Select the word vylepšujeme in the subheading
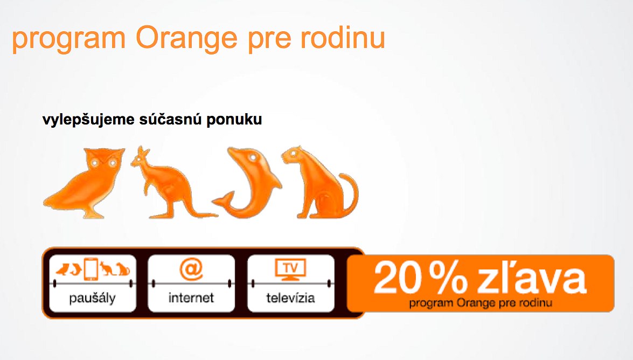pyautogui.click(x=88, y=120)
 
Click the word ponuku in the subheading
pyautogui.click(x=234, y=120)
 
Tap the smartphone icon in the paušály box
pyautogui.click(x=91, y=269)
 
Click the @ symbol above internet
pyautogui.click(x=191, y=269)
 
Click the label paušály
pyautogui.click(x=93, y=299)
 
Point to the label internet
pyautogui.click(x=191, y=298)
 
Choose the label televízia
pyautogui.click(x=290, y=298)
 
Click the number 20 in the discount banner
pyautogui.click(x=397, y=278)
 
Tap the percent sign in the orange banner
pyautogui.click(x=448, y=278)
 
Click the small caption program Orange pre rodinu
pyautogui.click(x=481, y=303)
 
